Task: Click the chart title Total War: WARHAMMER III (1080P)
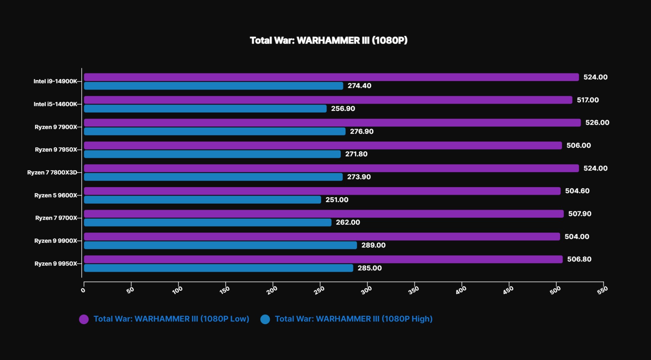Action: pyautogui.click(x=329, y=40)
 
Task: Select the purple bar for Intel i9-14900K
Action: pyautogui.click(x=331, y=77)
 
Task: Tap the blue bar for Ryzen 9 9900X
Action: pyautogui.click(x=220, y=245)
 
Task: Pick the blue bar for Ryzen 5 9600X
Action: pyautogui.click(x=202, y=200)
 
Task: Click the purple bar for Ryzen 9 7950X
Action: pyautogui.click(x=323, y=145)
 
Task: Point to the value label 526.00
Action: pyautogui.click(x=597, y=123)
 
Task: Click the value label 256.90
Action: pyautogui.click(x=343, y=109)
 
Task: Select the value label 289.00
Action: pyautogui.click(x=374, y=245)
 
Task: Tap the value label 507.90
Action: pyautogui.click(x=580, y=214)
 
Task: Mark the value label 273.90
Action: pyautogui.click(x=359, y=177)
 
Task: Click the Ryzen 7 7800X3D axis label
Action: pyautogui.click(x=52, y=173)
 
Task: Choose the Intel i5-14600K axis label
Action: pyautogui.click(x=55, y=104)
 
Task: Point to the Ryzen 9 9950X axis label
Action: pyautogui.click(x=56, y=264)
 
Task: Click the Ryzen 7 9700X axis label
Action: pyautogui.click(x=56, y=218)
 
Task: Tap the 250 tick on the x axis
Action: pyautogui.click(x=319, y=290)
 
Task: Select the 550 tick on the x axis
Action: pyautogui.click(x=603, y=290)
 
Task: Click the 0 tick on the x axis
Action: pyautogui.click(x=83, y=290)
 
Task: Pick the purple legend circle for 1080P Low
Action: pyautogui.click(x=84, y=319)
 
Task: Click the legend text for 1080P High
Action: pyautogui.click(x=354, y=319)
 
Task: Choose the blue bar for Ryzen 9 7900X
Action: pyautogui.click(x=215, y=132)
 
